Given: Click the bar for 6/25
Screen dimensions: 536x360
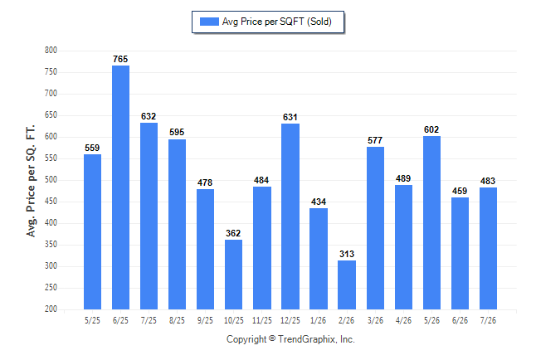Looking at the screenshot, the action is pos(120,187).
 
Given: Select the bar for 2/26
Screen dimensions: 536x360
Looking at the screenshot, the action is pos(347,285).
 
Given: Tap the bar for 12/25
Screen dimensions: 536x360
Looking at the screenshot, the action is pos(290,216).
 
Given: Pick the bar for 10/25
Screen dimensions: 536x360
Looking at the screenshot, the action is pos(233,275).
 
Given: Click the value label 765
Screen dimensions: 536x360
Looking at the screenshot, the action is pos(120,59).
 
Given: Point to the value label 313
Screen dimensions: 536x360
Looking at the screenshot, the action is pos(347,254).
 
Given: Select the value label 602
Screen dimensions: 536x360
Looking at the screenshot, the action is pos(431,129).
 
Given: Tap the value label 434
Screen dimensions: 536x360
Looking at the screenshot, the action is pos(319,202).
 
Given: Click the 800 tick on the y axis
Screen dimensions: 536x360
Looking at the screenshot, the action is pos(51,51).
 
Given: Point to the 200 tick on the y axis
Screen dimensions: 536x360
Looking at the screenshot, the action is pos(51,309).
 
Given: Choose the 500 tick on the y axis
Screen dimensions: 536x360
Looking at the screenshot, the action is pos(51,179).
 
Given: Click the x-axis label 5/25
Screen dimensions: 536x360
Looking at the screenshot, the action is pos(92,320).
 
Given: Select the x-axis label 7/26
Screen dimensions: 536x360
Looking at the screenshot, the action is pos(488,320).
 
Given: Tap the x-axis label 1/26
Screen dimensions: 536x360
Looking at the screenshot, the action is pos(319,320).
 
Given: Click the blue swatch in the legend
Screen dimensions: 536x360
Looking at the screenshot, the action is pos(209,22).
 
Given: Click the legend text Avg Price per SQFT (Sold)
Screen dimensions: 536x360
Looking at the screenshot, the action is pos(277,22).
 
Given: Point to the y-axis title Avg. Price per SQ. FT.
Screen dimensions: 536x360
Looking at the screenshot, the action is pos(31,181).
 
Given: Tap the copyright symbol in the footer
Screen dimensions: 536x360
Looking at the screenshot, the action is pos(272,338).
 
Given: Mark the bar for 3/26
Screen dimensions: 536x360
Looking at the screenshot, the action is pos(375,228).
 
